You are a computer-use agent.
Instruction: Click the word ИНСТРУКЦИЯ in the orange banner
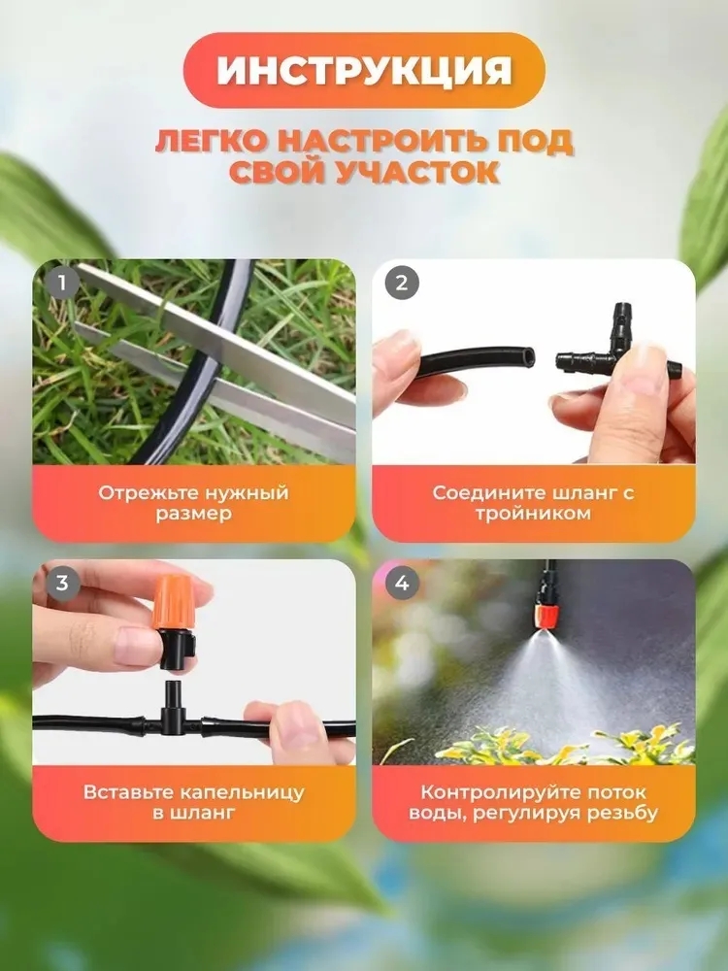click(364, 71)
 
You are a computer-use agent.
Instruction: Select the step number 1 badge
click(63, 284)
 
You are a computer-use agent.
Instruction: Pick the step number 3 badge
click(63, 583)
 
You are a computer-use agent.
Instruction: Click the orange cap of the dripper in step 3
click(173, 601)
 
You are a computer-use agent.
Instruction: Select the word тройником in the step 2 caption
click(533, 514)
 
